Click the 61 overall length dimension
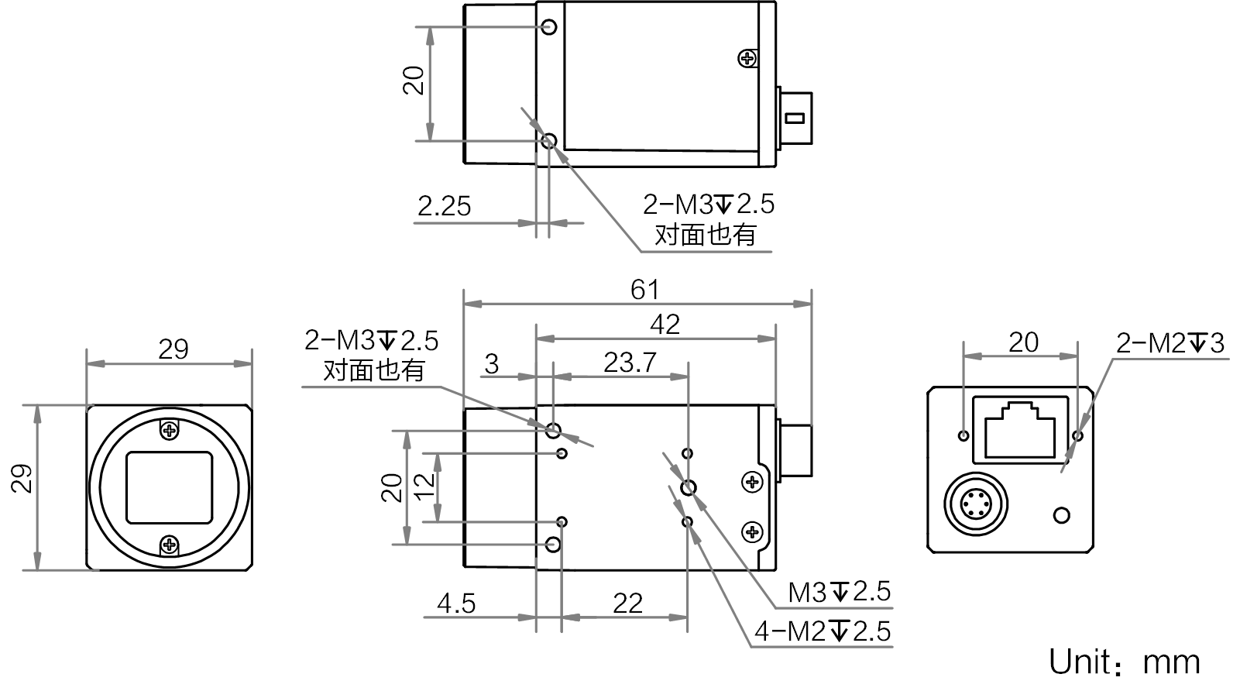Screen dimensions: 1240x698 point(645,290)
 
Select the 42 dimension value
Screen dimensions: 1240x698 point(665,325)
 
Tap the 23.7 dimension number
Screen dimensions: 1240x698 point(630,363)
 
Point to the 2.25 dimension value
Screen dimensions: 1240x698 point(444,207)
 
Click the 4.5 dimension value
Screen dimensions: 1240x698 point(456,603)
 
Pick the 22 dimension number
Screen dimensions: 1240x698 point(628,603)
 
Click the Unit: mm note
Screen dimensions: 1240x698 point(1125,662)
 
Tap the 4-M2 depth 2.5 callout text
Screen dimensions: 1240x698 point(823,631)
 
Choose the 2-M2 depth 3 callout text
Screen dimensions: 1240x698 point(1170,343)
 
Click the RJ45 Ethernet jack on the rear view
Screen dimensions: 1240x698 point(1020,429)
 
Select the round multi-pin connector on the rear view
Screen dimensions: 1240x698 point(976,504)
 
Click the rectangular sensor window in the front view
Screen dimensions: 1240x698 point(170,487)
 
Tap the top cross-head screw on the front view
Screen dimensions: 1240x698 point(170,430)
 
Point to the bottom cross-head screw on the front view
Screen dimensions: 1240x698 point(170,545)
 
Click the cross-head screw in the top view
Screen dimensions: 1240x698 point(748,58)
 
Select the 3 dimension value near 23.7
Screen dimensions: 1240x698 point(492,364)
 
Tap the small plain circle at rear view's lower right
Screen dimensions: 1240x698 point(1062,515)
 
